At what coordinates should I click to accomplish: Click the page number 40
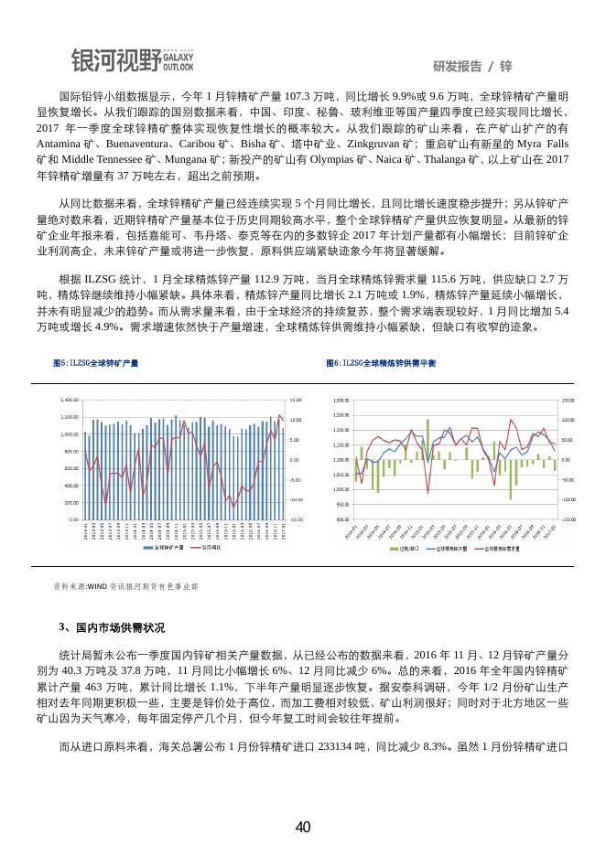pyautogui.click(x=303, y=828)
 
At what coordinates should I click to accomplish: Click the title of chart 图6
pyautogui.click(x=382, y=363)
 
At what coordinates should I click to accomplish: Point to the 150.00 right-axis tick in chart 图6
pyautogui.click(x=568, y=401)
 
